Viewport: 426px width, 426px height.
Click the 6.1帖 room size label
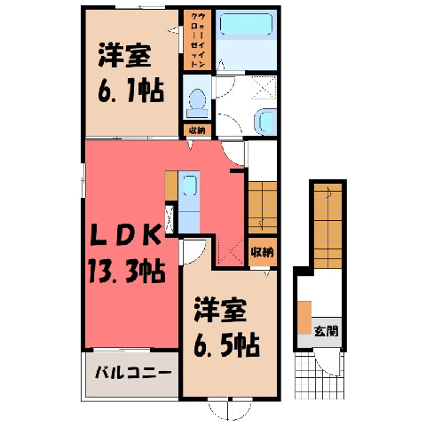tap(130, 90)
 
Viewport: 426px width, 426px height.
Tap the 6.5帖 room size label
tap(226, 344)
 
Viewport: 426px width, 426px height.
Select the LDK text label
tap(125, 235)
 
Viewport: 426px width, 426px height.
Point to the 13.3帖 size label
tap(126, 271)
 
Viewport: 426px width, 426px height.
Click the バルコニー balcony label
tap(133, 373)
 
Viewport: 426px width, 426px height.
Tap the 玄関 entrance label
tap(326, 331)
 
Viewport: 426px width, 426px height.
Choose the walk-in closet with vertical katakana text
tap(197, 40)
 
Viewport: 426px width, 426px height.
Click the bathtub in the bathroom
tap(246, 24)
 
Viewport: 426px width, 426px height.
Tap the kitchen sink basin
tap(189, 185)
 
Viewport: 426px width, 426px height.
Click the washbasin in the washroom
tap(265, 122)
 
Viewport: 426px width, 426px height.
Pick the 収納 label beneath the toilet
tap(197, 130)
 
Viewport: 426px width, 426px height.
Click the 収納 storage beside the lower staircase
tap(263, 252)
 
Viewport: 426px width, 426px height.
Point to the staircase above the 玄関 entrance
tap(327, 225)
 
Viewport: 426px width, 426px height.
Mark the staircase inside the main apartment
tap(263, 208)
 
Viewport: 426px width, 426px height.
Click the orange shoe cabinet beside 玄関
tap(304, 318)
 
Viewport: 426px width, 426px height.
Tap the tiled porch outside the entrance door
tap(319, 374)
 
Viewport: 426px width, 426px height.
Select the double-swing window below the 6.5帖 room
tap(230, 409)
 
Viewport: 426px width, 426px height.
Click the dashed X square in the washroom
tap(264, 87)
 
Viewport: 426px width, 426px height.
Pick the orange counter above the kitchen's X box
tap(171, 185)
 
